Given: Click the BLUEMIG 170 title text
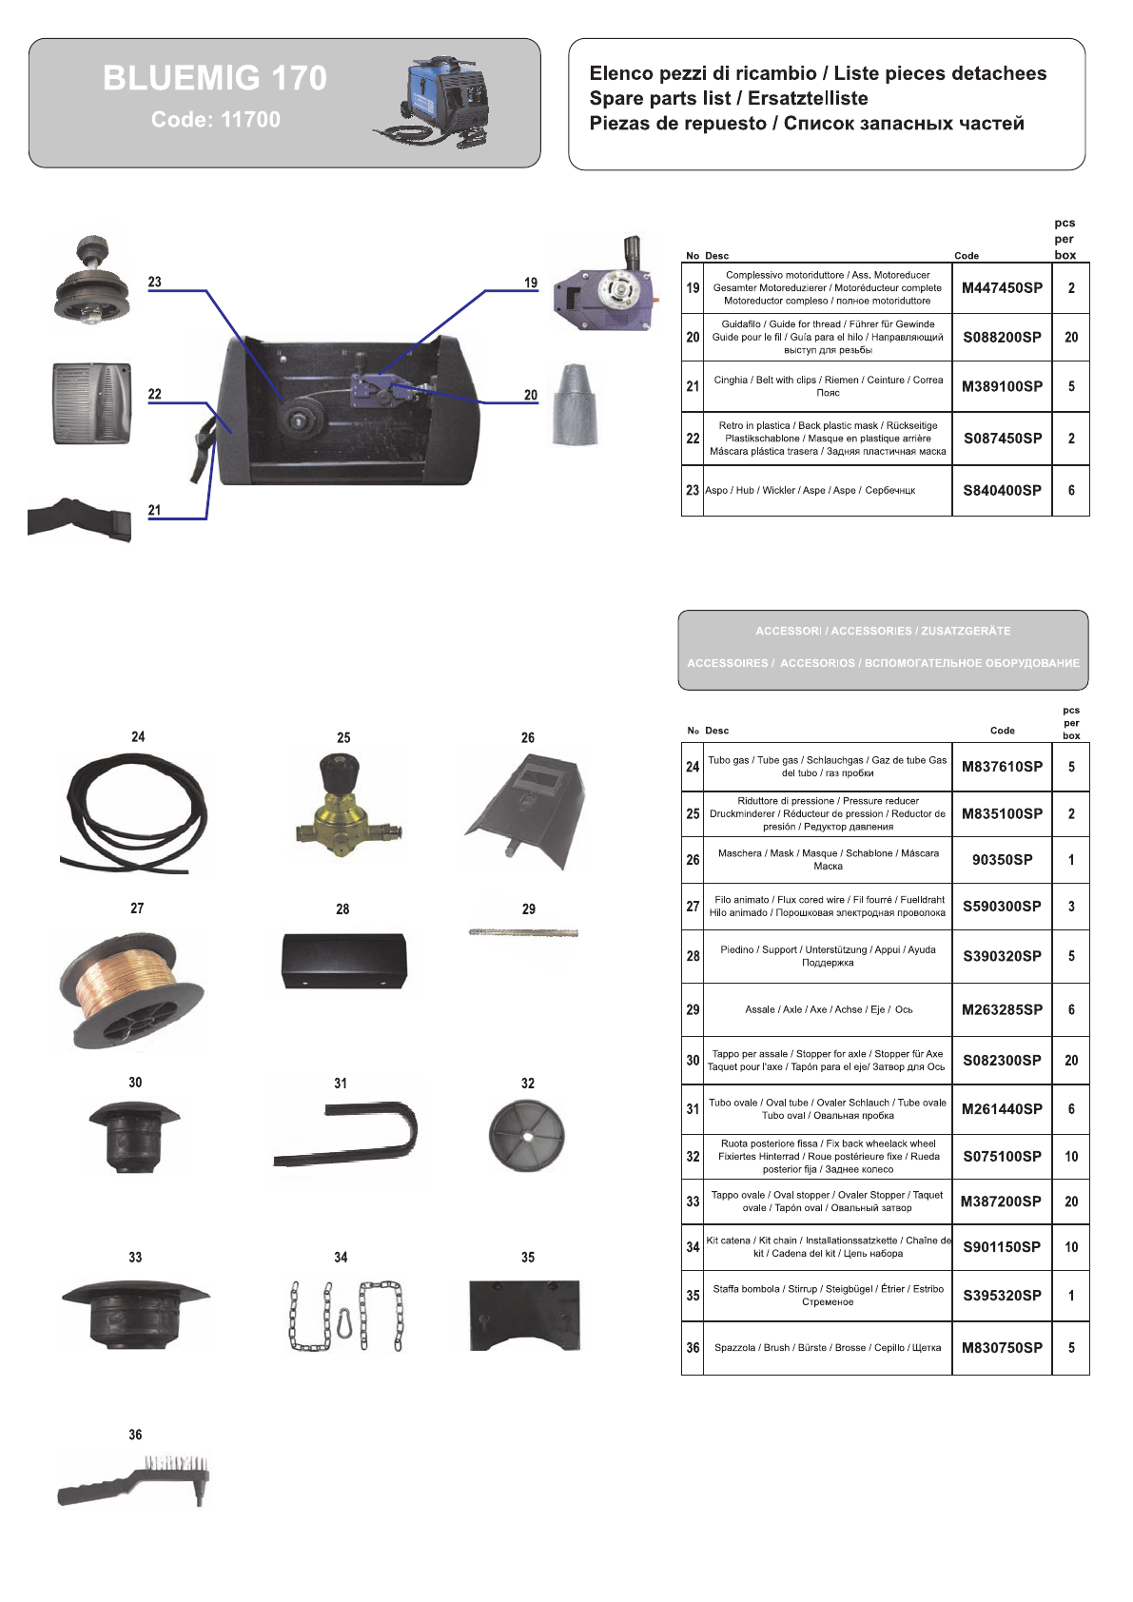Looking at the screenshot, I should click(215, 78).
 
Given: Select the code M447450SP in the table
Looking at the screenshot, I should click(1002, 288).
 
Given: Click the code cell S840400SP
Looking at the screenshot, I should click(1002, 491).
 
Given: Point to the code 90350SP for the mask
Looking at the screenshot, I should click(1002, 860).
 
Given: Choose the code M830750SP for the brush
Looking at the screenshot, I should click(1002, 1348).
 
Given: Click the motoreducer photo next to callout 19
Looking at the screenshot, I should click(607, 285).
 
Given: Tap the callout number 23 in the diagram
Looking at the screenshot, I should click(154, 282).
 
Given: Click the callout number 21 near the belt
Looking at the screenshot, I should click(154, 510).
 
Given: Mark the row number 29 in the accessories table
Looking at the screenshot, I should click(693, 1010).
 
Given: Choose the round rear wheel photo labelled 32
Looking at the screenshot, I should click(527, 1136).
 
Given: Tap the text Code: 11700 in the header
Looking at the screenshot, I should click(216, 120).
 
